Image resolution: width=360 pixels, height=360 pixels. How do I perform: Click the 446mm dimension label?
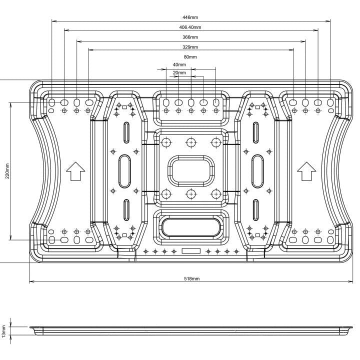pyautogui.click(x=190, y=17)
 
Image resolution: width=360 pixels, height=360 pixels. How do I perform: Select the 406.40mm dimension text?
pyautogui.click(x=190, y=27)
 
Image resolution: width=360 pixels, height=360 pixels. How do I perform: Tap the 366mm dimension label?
pyautogui.click(x=190, y=37)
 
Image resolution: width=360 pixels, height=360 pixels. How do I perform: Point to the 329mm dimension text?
pyautogui.click(x=190, y=47)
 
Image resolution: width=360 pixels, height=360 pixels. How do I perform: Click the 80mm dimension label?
pyautogui.click(x=190, y=57)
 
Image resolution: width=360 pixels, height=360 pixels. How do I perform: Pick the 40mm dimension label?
pyautogui.click(x=178, y=65)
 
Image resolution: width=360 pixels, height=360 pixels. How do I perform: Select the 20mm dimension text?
pyautogui.click(x=179, y=73)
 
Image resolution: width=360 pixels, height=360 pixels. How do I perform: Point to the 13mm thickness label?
pyautogui.click(x=4, y=331)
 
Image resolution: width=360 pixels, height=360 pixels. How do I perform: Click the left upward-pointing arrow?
pyautogui.click(x=75, y=171)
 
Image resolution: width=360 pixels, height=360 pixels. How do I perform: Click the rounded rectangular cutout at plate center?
pyautogui.click(x=190, y=170)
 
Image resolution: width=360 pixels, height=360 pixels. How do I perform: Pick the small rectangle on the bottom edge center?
pyautogui.click(x=191, y=250)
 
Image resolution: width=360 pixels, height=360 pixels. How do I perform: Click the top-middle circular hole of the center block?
pyautogui.click(x=190, y=142)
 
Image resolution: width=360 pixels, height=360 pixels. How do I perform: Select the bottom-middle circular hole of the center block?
pyautogui.click(x=190, y=193)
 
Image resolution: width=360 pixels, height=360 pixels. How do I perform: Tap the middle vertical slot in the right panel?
pyautogui.click(x=256, y=170)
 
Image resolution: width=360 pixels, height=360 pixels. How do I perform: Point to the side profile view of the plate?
pyautogui.click(x=190, y=331)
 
